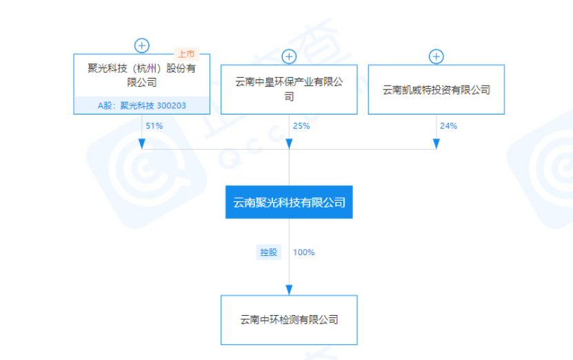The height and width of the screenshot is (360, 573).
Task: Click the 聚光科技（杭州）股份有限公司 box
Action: (141, 76)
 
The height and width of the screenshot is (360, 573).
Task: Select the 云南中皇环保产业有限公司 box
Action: (289, 90)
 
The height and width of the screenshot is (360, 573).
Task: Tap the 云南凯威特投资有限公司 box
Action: (436, 90)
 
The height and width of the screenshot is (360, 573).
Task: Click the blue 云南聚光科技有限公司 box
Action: (289, 202)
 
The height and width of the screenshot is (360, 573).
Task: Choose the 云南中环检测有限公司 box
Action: (289, 320)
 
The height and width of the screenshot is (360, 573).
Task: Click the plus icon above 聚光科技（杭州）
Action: (142, 46)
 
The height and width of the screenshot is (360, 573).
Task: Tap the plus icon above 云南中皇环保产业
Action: (289, 57)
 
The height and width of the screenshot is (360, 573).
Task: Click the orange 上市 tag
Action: (186, 54)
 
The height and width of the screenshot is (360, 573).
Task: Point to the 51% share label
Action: (154, 126)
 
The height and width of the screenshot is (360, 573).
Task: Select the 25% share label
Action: (301, 126)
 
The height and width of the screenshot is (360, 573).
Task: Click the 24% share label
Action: (448, 126)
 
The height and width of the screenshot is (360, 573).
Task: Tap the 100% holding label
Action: (304, 252)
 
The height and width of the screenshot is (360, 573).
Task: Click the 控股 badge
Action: (268, 252)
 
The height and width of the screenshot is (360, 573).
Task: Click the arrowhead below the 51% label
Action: (142, 143)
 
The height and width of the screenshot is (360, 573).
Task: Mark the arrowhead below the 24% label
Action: (436, 143)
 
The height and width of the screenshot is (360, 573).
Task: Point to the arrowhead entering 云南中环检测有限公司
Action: (289, 290)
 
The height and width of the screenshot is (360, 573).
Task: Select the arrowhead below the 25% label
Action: (289, 143)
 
